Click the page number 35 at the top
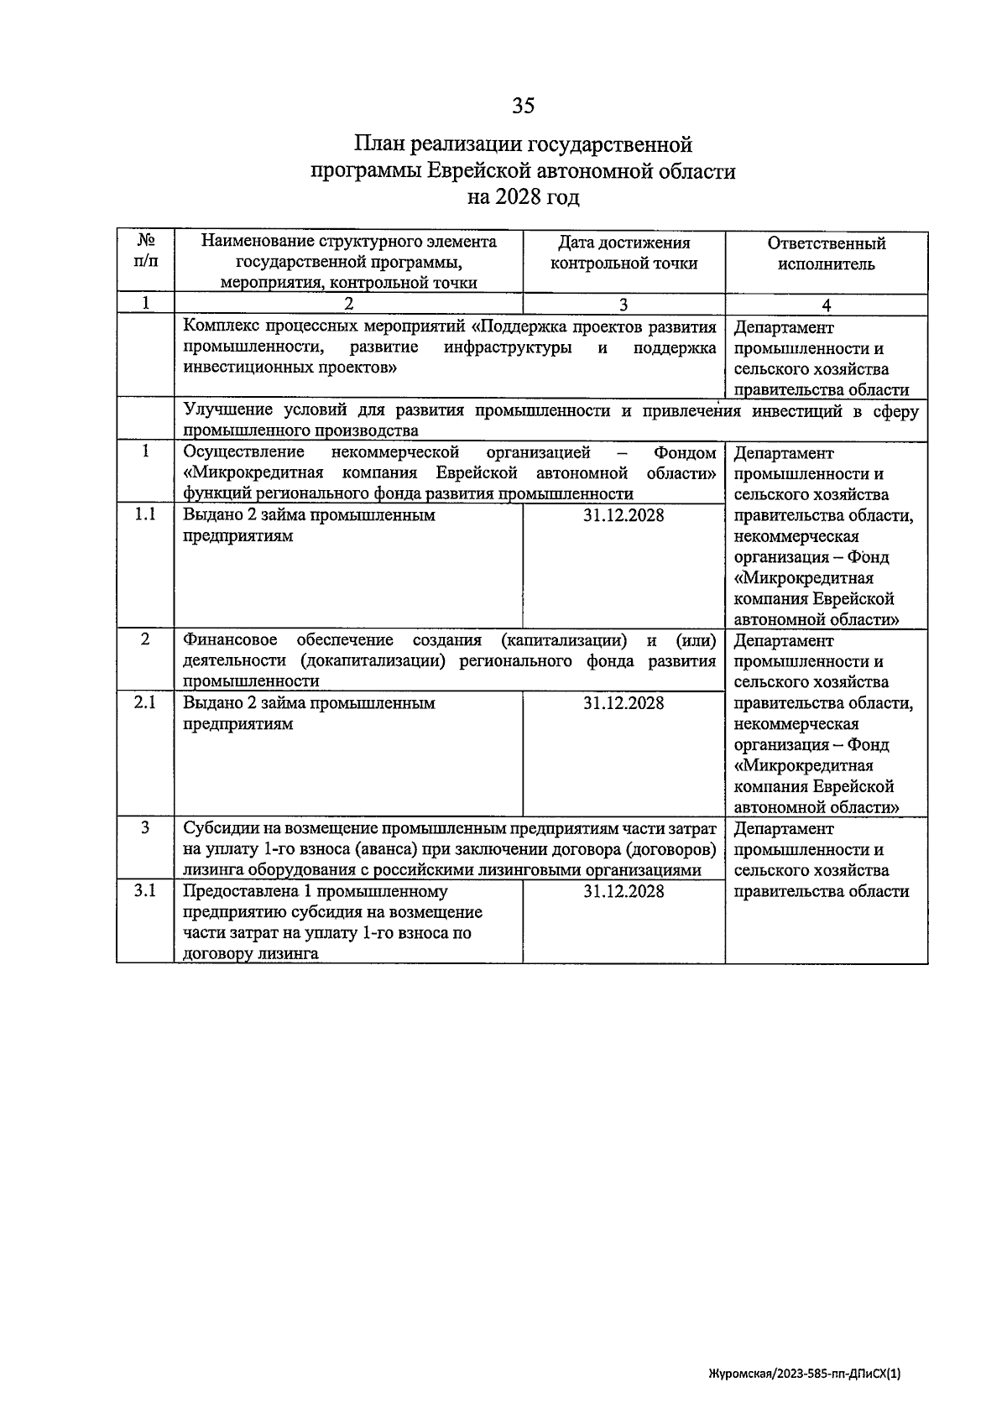523,106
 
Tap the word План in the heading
380,144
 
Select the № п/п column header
145,251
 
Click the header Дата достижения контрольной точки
624,253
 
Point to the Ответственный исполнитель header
826,253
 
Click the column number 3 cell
624,305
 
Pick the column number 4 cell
826,305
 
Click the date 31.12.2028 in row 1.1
624,515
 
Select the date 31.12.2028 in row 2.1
624,703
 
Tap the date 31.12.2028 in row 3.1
624,891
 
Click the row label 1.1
145,514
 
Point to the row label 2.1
145,702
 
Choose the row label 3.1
145,890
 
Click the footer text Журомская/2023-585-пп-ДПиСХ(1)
804,1374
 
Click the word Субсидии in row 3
217,829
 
